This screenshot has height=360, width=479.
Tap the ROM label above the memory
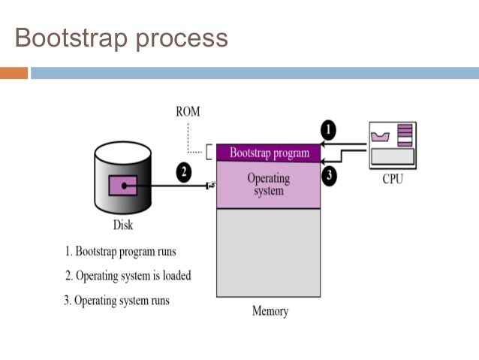pyautogui.click(x=188, y=112)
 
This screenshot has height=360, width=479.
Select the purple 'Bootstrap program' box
pyautogui.click(x=269, y=153)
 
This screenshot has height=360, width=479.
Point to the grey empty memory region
pyautogui.click(x=269, y=252)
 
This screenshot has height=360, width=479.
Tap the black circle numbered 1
pyautogui.click(x=327, y=130)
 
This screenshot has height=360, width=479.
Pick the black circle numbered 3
pyautogui.click(x=328, y=177)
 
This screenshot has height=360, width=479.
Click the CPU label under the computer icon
pyautogui.click(x=393, y=180)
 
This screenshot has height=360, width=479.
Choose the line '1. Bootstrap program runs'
pyautogui.click(x=120, y=252)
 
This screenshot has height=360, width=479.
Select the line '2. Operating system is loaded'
pyautogui.click(x=128, y=276)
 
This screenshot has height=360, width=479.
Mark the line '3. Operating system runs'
pyautogui.click(x=116, y=301)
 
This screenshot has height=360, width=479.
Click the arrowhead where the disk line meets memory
pyautogui.click(x=211, y=185)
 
